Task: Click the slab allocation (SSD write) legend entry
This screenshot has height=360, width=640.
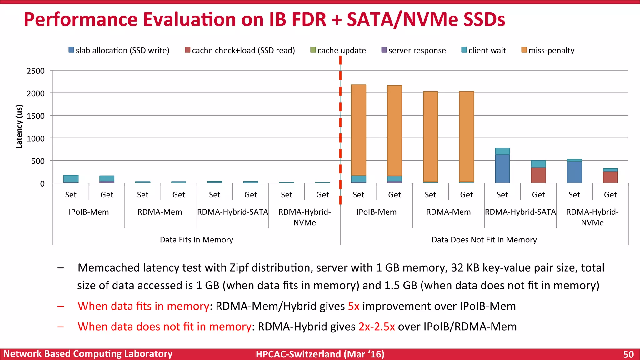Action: pos(119,50)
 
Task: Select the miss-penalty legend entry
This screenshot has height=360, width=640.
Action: pos(548,50)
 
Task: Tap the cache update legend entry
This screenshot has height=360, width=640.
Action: pos(338,50)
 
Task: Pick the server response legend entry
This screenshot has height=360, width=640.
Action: pos(414,50)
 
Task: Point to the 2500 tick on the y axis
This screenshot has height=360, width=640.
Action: pos(36,71)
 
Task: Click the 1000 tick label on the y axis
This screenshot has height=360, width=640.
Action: pos(36,138)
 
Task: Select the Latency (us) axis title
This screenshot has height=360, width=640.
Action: pos(19,126)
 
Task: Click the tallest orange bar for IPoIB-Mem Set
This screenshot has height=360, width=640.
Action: pos(358,130)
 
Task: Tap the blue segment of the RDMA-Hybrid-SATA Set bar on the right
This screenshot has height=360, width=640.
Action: pos(502,169)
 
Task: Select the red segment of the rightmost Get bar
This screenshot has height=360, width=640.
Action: pos(610,177)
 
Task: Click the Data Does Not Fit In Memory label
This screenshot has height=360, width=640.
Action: pos(484,240)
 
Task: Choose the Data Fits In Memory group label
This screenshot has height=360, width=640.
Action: pos(196,240)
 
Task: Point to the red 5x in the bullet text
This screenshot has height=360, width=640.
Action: pos(353,306)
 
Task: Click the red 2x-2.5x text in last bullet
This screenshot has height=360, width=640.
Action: pos(377,327)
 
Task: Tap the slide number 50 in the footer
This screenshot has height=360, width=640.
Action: pos(628,354)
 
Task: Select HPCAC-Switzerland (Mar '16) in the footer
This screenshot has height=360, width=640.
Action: pos(320,354)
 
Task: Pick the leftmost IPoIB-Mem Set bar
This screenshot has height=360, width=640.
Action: pos(71,179)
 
